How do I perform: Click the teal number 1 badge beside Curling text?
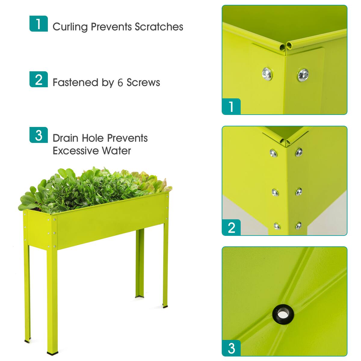[x=39, y=24]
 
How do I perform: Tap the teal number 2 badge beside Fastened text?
[x=39, y=79]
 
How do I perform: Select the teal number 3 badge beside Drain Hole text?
[x=39, y=135]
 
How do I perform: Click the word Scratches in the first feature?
[x=159, y=27]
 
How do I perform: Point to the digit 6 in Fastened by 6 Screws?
[x=120, y=83]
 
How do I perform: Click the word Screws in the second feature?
[x=143, y=82]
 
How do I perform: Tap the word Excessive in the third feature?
[x=75, y=150]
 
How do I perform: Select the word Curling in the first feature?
[x=70, y=27]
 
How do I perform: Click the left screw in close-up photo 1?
[x=267, y=73]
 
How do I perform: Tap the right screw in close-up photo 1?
[x=303, y=74]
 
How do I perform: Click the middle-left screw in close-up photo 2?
[x=275, y=192]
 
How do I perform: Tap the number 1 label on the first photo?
[x=231, y=106]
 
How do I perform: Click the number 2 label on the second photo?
[x=231, y=227]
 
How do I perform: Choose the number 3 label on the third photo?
[x=231, y=348]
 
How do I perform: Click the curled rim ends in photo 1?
[x=285, y=46]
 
